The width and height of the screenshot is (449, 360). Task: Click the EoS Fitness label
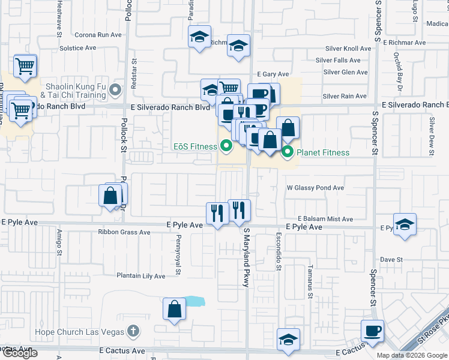point(194,145)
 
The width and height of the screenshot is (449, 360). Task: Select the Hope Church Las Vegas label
point(86,332)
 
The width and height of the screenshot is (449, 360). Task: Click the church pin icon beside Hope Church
point(133,332)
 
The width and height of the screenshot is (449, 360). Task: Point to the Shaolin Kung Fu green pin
point(117,91)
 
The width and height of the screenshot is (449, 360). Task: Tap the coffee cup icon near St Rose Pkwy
point(372,331)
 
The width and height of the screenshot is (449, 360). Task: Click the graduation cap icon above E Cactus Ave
point(288,339)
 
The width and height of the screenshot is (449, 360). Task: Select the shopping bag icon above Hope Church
point(174,310)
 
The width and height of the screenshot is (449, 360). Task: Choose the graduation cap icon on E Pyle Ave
point(405,225)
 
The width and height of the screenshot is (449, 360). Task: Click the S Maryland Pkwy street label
point(246,257)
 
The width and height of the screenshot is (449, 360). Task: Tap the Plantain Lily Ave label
point(140,276)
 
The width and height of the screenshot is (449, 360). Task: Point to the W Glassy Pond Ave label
point(315,188)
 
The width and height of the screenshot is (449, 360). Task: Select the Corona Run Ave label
point(98,35)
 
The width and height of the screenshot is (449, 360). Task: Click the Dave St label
point(391,260)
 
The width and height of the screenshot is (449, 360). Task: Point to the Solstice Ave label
point(78,48)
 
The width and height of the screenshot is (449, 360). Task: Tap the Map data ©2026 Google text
point(412,355)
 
